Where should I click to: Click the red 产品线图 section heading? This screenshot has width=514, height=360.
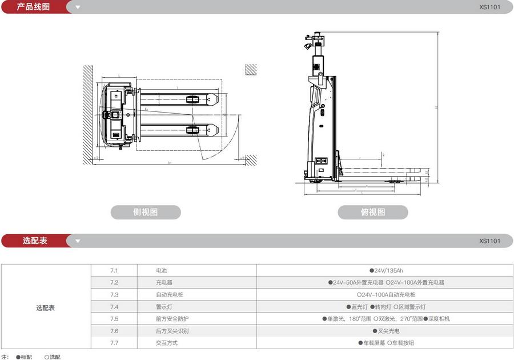tap(33, 7)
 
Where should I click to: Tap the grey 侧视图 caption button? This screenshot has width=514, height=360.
tap(145, 212)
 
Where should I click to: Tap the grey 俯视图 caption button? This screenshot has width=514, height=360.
tap(372, 212)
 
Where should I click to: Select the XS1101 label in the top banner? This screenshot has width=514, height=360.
tap(489, 7)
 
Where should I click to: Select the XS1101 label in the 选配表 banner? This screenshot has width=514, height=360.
tap(489, 241)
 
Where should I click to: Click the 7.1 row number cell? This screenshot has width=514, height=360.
tap(114, 270)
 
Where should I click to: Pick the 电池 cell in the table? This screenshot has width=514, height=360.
tap(162, 270)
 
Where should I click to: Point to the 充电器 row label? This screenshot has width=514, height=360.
tap(164, 282)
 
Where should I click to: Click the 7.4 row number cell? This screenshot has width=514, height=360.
tap(114, 307)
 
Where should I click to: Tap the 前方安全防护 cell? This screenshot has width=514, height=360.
tap(171, 319)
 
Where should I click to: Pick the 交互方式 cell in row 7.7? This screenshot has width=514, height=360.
tap(167, 343)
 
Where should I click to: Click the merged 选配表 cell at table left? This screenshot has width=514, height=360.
tap(46, 307)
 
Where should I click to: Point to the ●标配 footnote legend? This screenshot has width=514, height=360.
tap(25, 357)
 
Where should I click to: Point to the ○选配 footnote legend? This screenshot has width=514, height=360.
tap(53, 357)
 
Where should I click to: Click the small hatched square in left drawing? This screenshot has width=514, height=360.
tap(251, 70)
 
